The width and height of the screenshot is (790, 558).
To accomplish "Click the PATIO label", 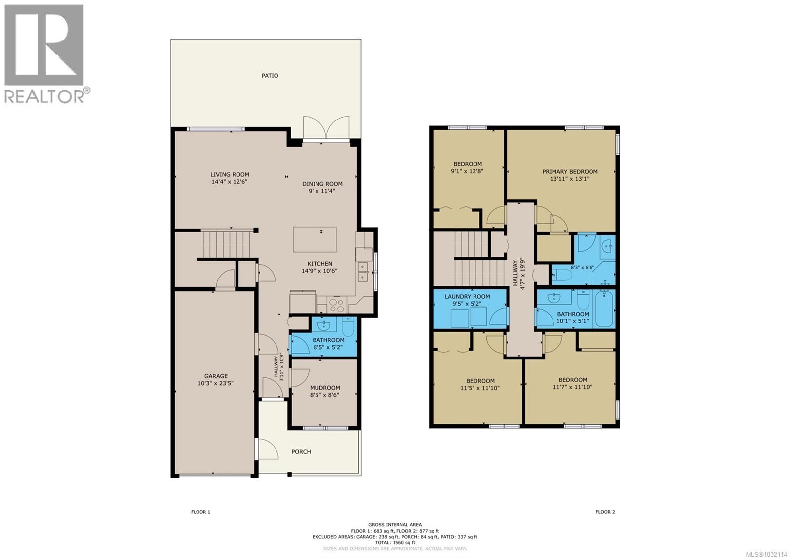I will coord(270,76).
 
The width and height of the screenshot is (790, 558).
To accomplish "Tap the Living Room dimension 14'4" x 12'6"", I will coord(230,182).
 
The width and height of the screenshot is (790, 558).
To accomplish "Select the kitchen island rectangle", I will coord(315,239).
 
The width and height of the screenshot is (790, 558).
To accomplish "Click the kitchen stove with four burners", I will coord(337,304).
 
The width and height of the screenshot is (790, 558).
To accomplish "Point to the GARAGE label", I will coord(216,376).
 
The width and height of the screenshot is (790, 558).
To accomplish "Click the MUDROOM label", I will coord(325,388).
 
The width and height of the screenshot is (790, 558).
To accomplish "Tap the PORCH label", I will coord(301,451).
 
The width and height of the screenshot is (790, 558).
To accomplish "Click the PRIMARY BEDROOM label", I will coord(570,172).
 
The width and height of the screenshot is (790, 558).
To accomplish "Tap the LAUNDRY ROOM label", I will coord(467,297).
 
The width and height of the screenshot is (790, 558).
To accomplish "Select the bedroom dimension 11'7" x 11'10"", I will coord(573,387).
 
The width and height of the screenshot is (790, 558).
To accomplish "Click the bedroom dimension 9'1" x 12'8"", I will coord(467,172).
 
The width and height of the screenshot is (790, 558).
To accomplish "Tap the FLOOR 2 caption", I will coord(605,512).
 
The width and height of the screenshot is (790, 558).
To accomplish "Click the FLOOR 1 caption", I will coord(200,512).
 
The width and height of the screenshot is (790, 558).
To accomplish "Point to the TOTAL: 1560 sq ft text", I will coord(395,542).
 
